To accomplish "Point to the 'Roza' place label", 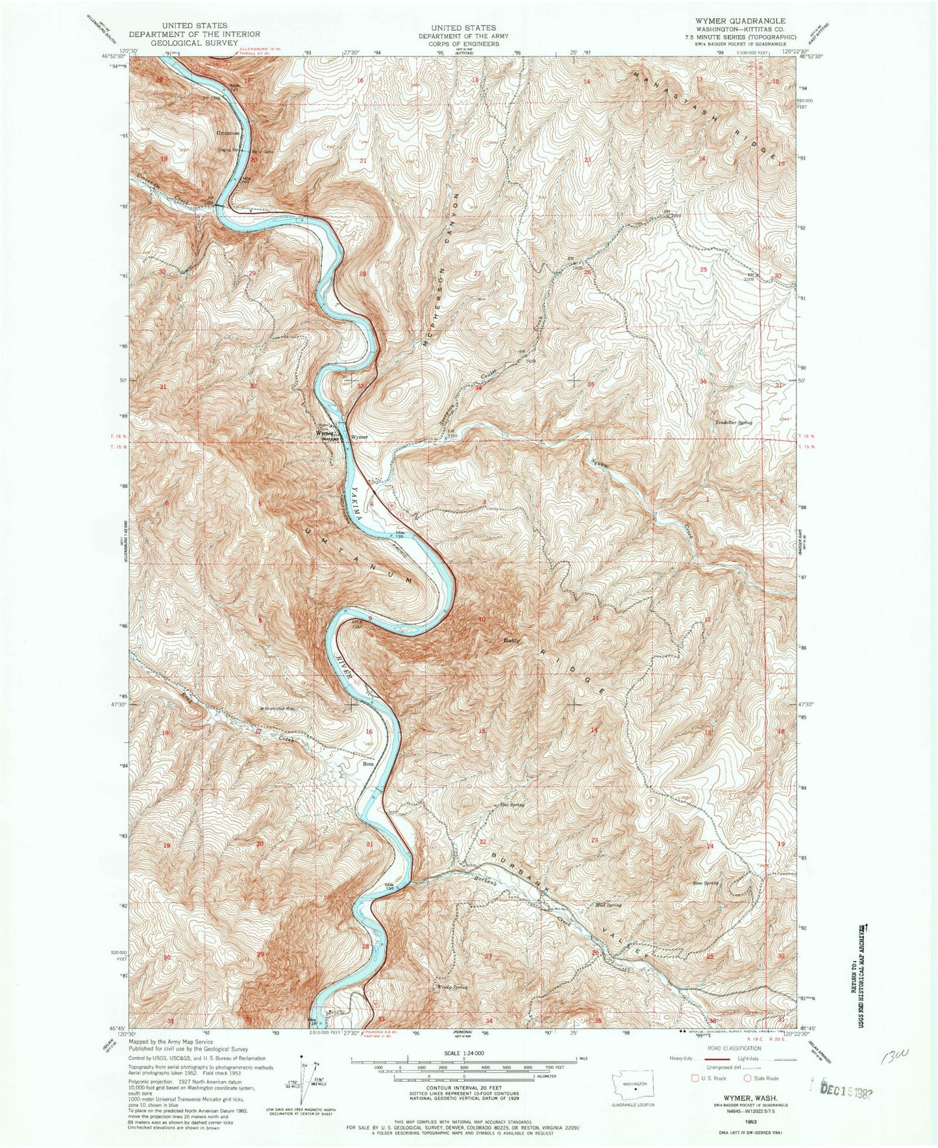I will coord(368,764).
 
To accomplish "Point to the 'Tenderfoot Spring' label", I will coord(734,423).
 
